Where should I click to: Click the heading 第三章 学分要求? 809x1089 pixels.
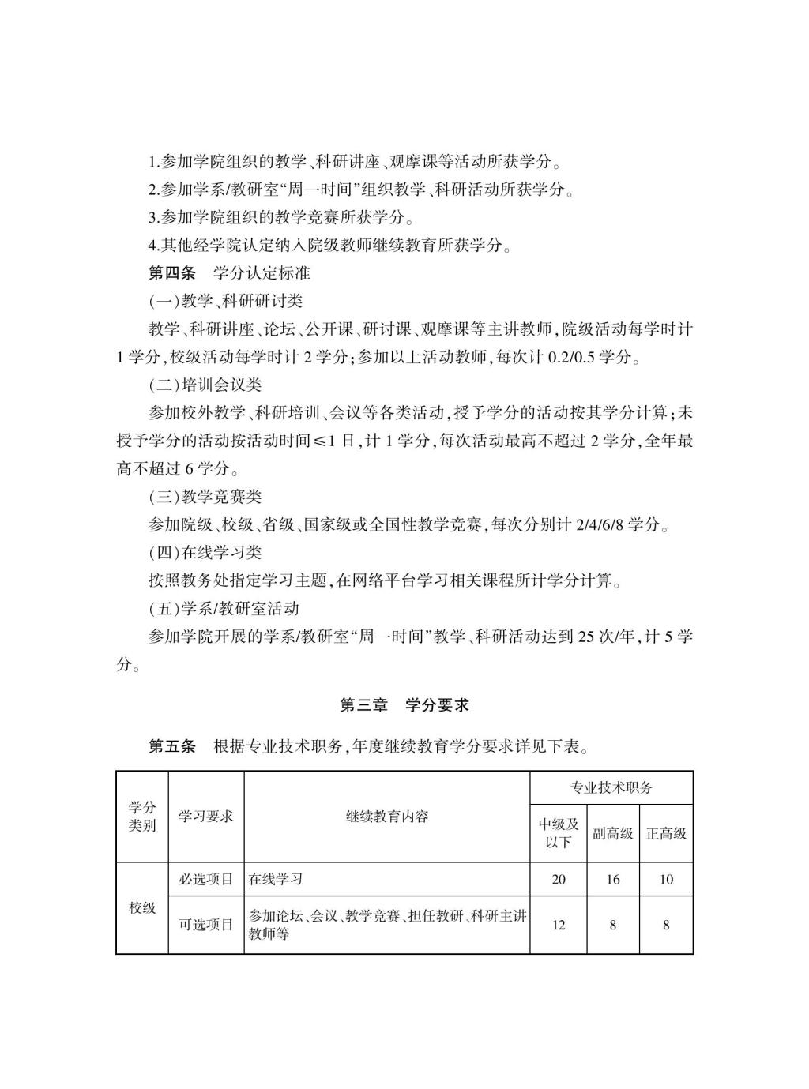coord(404,705)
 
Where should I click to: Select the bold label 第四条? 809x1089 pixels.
coord(172,273)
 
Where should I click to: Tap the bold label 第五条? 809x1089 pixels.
coord(172,746)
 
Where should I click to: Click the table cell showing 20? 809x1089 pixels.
coord(559,880)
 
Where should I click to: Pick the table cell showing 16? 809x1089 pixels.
coord(613,880)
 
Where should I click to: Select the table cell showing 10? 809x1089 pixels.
coord(666,880)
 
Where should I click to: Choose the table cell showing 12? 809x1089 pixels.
coord(559,925)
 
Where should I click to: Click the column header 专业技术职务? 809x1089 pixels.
coord(611,788)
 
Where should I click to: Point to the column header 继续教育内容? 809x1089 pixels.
coord(387,817)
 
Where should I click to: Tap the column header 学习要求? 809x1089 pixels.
coord(206,817)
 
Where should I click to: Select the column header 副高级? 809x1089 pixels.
coord(613,833)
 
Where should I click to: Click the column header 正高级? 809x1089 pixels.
coord(666,833)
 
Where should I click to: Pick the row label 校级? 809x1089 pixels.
coord(142,908)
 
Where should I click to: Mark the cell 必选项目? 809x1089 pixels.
coord(206,880)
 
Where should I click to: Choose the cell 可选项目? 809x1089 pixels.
coord(206,925)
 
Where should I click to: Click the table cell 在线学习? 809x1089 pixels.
coord(276,880)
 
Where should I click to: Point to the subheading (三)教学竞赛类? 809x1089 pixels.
coord(205,497)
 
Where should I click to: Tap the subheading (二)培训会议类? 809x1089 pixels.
coord(205,385)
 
